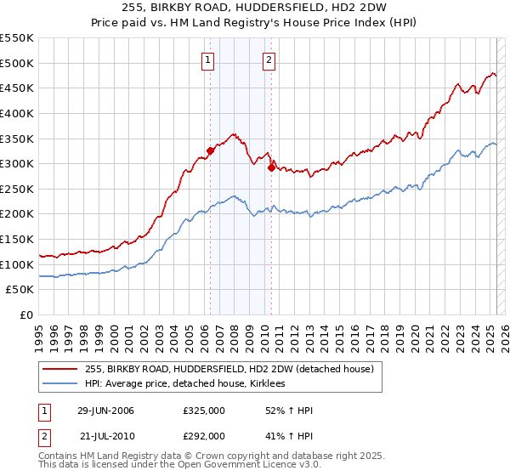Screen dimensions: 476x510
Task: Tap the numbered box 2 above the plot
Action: tap(269, 59)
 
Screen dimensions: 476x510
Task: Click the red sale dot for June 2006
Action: tap(210, 150)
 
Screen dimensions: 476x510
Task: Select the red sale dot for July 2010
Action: tap(271, 167)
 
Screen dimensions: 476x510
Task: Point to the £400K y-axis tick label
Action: tap(17, 113)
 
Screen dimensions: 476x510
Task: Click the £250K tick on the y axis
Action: tap(17, 189)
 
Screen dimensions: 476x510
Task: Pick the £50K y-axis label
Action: tap(20, 290)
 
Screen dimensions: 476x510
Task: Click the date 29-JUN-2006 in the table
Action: tap(105, 411)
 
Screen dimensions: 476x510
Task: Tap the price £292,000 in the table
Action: tap(203, 434)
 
